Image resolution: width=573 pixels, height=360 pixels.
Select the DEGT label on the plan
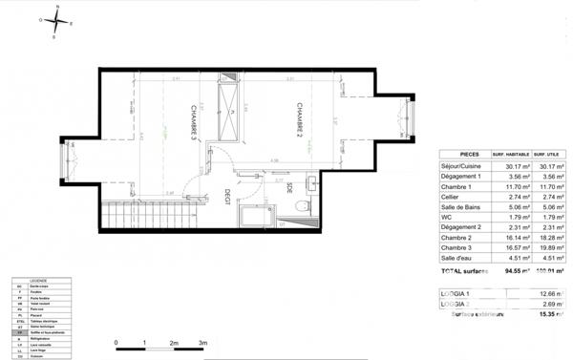227,195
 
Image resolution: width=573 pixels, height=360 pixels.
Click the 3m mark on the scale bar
202,342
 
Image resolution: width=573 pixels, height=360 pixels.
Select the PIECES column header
470,154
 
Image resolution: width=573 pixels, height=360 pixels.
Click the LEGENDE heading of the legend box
37,280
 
